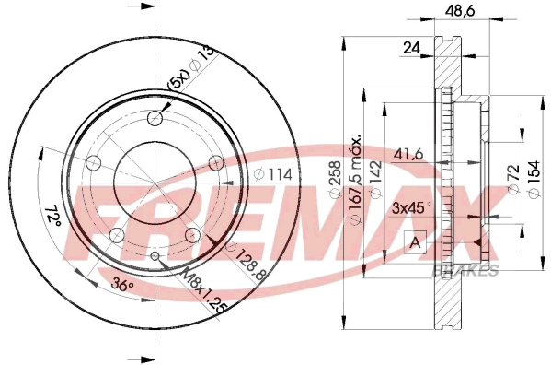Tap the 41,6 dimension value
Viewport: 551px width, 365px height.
coord(410,155)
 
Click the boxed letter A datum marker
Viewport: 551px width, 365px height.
coord(414,243)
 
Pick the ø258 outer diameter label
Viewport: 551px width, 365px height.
coord(337,184)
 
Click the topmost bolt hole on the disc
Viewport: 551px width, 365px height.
coord(155,117)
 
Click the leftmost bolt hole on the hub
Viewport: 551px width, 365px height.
coord(92,163)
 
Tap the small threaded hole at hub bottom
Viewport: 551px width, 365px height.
coord(155,255)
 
